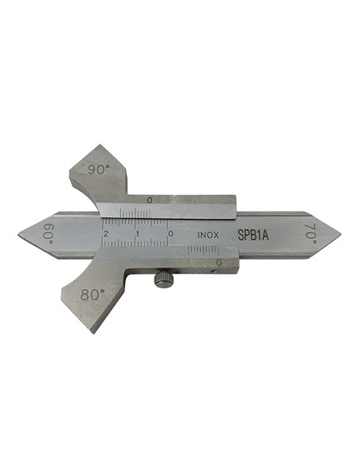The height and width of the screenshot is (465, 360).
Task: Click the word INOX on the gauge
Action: [209, 236]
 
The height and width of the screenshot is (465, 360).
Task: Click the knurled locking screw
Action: [164, 279]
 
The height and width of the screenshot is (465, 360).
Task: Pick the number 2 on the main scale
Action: [107, 233]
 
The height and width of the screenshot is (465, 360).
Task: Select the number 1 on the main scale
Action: [138, 234]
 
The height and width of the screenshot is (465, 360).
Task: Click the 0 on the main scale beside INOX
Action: [170, 234]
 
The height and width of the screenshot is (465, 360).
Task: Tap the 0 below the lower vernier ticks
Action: [218, 262]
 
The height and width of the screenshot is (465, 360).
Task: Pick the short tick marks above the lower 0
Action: [203, 251]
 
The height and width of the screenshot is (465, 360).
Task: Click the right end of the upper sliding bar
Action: [236, 207]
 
